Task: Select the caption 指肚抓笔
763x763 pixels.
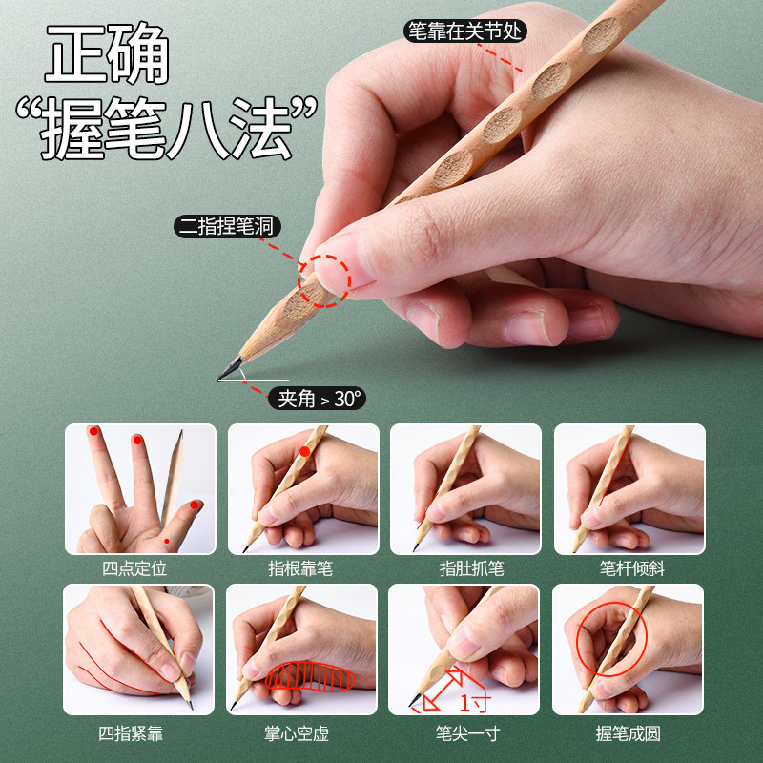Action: pyautogui.click(x=465, y=568)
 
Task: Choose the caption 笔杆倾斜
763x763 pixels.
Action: pyautogui.click(x=629, y=568)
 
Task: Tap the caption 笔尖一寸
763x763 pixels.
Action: pyautogui.click(x=465, y=732)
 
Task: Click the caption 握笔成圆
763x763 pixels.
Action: pyautogui.click(x=629, y=732)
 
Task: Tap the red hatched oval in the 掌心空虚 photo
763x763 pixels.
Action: pyautogui.click(x=310, y=676)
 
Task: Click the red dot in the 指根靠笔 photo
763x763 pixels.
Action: pyautogui.click(x=304, y=451)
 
